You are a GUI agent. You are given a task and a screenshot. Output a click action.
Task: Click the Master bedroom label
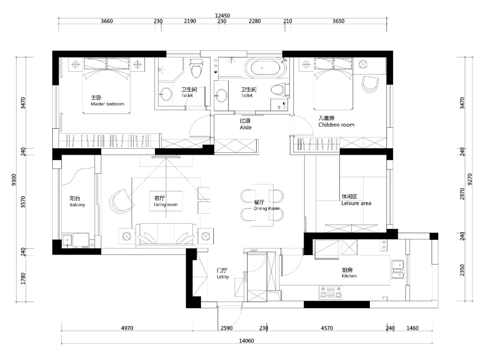click(x=107, y=104)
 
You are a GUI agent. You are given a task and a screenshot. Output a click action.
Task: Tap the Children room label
click(x=336, y=124)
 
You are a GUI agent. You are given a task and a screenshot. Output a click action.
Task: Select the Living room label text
click(x=165, y=205)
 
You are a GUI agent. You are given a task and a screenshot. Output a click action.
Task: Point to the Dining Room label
click(x=267, y=208)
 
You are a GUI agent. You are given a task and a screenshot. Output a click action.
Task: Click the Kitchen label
click(x=349, y=276)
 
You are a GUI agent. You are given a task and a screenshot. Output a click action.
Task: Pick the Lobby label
click(x=223, y=276)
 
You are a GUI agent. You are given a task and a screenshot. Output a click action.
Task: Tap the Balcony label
click(x=77, y=205)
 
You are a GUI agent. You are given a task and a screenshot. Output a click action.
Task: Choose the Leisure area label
click(x=356, y=203)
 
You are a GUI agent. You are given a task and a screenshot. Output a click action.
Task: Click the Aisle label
click(x=246, y=127)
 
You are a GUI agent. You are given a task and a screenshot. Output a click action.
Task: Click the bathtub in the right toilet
click(x=265, y=67)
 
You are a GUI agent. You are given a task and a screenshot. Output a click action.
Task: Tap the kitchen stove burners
click(x=331, y=293)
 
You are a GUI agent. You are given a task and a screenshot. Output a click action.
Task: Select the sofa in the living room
click(x=166, y=235)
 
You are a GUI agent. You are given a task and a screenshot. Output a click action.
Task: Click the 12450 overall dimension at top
click(x=222, y=16)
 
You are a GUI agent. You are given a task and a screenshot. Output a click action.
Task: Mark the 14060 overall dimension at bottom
click(x=246, y=341)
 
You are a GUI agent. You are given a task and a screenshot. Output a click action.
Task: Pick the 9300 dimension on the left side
click(x=13, y=180)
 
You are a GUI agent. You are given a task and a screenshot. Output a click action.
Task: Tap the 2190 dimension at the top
click(x=190, y=21)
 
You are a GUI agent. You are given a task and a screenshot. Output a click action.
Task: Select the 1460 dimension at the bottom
click(x=412, y=328)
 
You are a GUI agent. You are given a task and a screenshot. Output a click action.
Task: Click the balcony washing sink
click(x=67, y=240)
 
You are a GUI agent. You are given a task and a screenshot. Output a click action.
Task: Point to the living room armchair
click(x=122, y=201)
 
